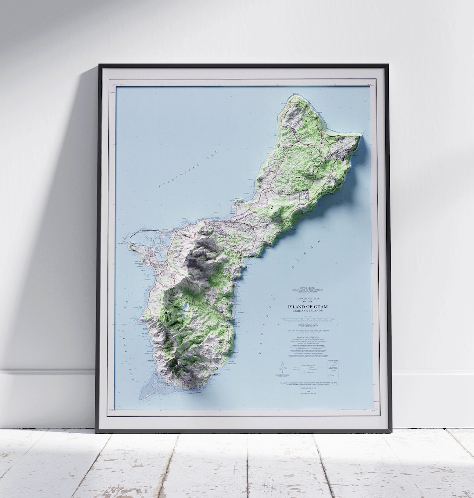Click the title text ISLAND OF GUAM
[308, 306]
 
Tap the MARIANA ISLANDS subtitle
[308, 311]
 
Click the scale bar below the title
[308, 320]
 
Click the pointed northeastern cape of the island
[359, 136]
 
